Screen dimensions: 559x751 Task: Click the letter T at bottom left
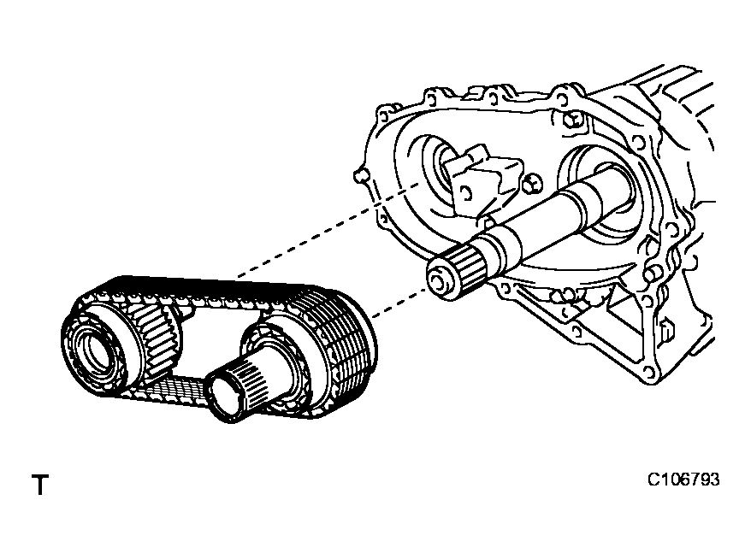click(x=39, y=486)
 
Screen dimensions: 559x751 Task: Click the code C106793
click(x=683, y=480)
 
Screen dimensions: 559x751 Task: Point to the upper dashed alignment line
click(x=325, y=231)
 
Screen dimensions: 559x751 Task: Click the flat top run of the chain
click(x=205, y=291)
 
